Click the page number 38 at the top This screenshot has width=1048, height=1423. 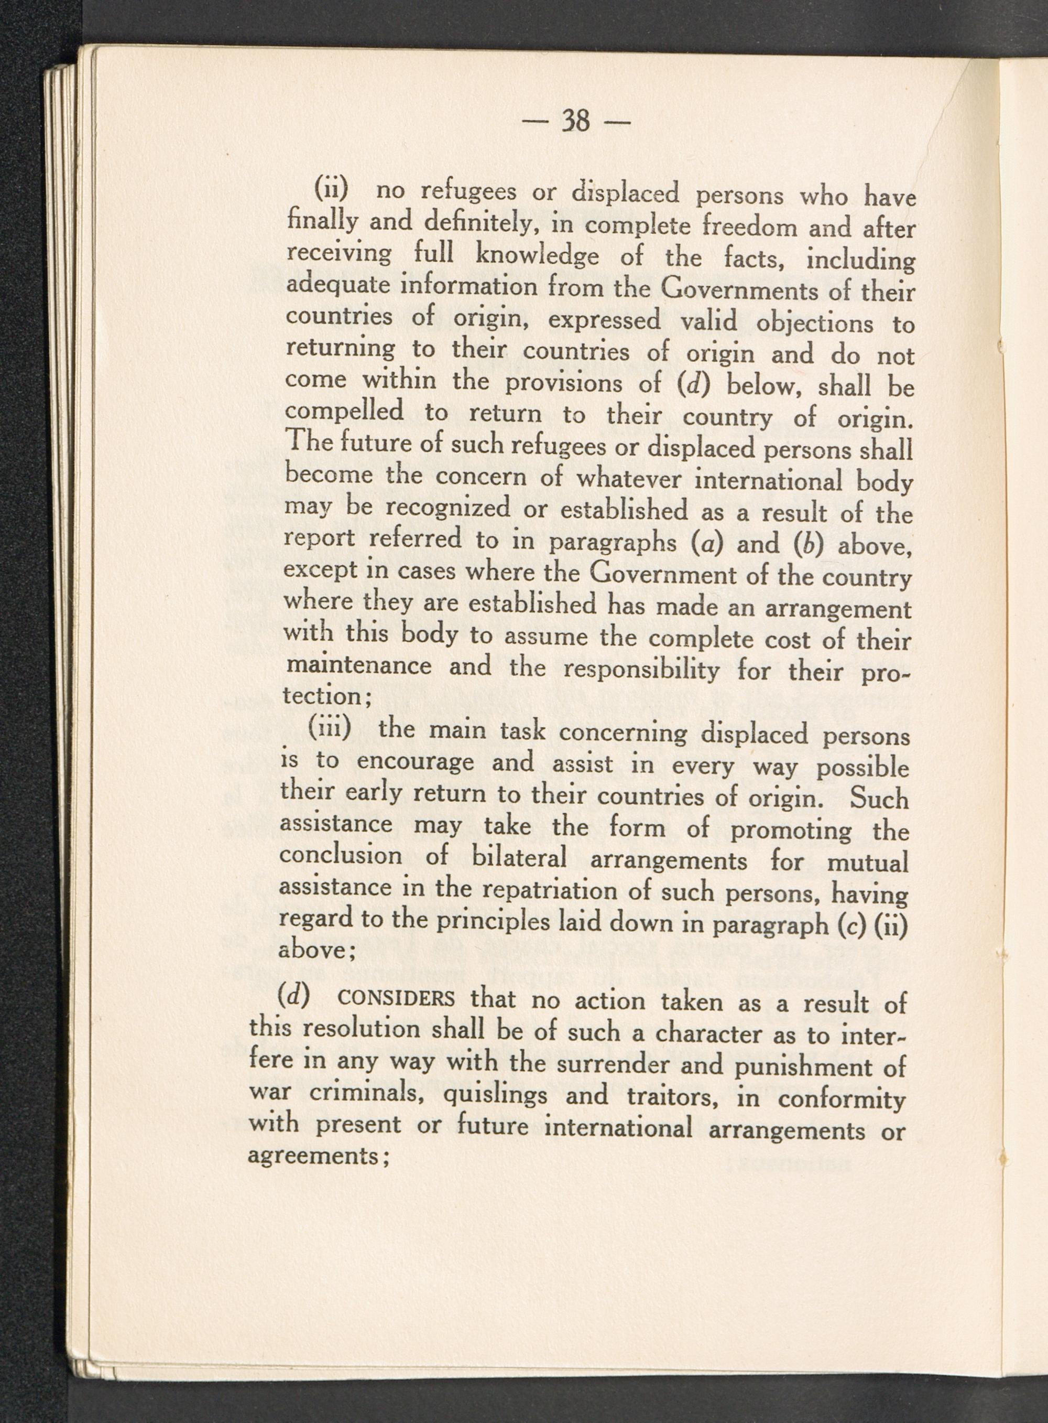click(x=576, y=121)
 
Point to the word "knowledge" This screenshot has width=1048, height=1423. click(x=537, y=256)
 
